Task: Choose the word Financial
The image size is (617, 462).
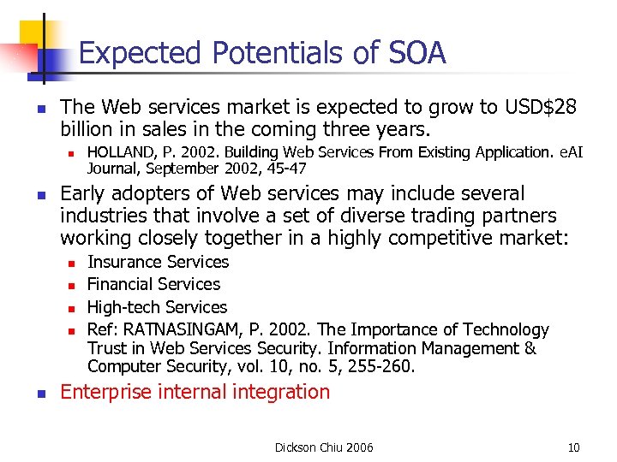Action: [x=120, y=284]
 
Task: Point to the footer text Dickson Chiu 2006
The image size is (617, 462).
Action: [x=324, y=447]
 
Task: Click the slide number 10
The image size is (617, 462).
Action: [x=573, y=447]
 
